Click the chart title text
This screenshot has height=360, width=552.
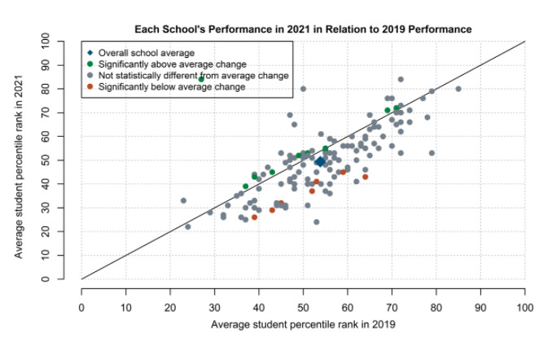click(303, 29)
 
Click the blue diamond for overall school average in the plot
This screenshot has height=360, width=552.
click(321, 162)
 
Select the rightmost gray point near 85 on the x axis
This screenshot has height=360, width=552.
click(458, 89)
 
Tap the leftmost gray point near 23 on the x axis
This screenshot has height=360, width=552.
click(183, 200)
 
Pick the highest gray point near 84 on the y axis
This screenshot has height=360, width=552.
click(401, 79)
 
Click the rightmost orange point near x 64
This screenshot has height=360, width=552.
click(366, 177)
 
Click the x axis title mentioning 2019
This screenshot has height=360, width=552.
click(303, 325)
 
